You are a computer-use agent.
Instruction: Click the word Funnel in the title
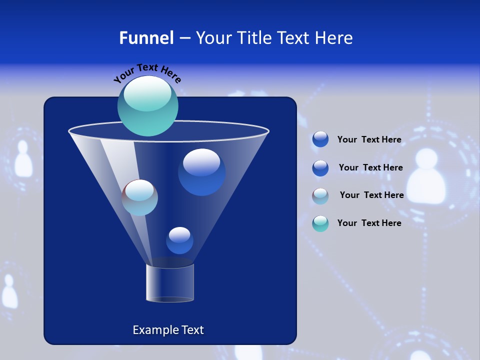point(146,38)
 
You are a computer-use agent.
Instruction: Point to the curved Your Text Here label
point(147,73)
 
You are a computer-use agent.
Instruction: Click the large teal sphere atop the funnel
point(148,106)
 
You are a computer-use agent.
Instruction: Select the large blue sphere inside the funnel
point(201,172)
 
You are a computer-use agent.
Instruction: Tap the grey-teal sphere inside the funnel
point(140,197)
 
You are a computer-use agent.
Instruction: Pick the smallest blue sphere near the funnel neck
point(179,240)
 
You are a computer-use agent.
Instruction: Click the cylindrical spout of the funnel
point(170,283)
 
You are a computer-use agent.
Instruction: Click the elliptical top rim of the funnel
point(168,131)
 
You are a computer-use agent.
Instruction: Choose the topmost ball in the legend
point(320,139)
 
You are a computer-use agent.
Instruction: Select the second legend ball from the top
point(320,168)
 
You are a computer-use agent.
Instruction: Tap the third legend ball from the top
point(320,195)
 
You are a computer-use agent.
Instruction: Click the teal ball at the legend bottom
point(320,223)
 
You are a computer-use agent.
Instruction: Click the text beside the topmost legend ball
point(369,140)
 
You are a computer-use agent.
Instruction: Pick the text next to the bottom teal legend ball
point(369,223)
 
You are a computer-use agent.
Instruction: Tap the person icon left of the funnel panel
point(22,159)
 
